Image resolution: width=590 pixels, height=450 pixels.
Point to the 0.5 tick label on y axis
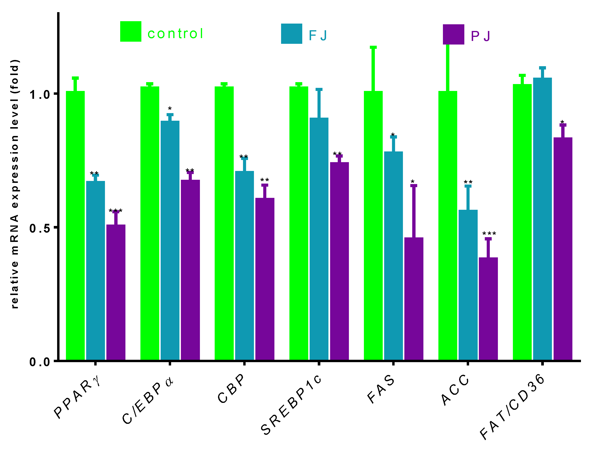coord(40,228)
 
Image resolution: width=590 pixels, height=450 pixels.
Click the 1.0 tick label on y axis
coord(40,95)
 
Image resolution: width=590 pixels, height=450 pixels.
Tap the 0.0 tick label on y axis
coord(40,362)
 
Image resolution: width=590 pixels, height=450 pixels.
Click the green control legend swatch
coord(130,31)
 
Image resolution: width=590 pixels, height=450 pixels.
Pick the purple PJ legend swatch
coord(453,34)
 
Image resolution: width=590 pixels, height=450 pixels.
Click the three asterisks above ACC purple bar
coord(489,233)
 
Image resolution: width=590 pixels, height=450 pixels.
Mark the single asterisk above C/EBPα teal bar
coord(169,109)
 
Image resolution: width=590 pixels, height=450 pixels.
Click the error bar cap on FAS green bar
coord(373,47)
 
